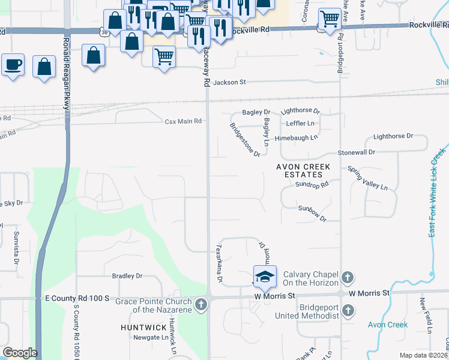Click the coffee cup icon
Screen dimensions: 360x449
pos(13,65)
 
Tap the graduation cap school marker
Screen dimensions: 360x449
pos(265,277)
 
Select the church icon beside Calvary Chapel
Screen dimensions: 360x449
pos(347,277)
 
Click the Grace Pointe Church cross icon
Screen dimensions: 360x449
pos(201,305)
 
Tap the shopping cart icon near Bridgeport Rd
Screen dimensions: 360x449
pos(329,19)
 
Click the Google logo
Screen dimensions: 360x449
pos(20,353)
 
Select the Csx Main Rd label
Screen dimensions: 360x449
pos(183,121)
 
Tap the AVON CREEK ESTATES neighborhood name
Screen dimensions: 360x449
pos(299,170)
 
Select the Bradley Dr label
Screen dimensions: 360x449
pos(127,276)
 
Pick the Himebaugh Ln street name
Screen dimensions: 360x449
pos(296,137)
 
